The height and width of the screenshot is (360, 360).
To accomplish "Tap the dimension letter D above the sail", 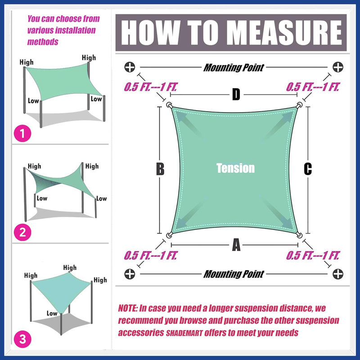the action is (x=236, y=94).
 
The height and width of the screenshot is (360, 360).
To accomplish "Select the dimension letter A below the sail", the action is (x=236, y=245).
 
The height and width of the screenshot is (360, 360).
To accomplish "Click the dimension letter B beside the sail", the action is (x=160, y=169).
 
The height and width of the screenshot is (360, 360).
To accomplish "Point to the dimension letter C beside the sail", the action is (x=308, y=169).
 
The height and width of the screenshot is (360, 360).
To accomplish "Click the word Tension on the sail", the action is (x=235, y=168).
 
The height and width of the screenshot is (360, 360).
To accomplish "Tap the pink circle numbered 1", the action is (x=22, y=133).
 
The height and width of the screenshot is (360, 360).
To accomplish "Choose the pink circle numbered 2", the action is (x=22, y=233).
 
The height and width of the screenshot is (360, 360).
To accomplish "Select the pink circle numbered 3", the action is (x=22, y=339).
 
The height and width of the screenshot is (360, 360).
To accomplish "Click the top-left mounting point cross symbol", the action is (x=130, y=67).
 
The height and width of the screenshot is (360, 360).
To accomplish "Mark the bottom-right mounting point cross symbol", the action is (x=338, y=274).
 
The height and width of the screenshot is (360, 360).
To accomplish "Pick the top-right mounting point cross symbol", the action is (x=338, y=67).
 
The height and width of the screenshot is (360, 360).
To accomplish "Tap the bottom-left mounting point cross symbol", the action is (x=130, y=274).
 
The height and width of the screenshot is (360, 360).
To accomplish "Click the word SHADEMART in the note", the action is (x=184, y=333).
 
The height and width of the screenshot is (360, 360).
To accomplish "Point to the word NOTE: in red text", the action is (x=128, y=308).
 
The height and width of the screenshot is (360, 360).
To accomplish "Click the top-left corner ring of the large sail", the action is (x=170, y=105).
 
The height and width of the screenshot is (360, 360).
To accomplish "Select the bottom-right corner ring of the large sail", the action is (x=299, y=235).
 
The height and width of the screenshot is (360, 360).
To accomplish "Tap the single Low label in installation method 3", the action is (x=52, y=313).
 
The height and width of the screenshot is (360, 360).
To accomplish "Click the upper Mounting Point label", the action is (x=234, y=67).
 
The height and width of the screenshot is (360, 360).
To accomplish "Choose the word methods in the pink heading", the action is (x=43, y=42).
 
